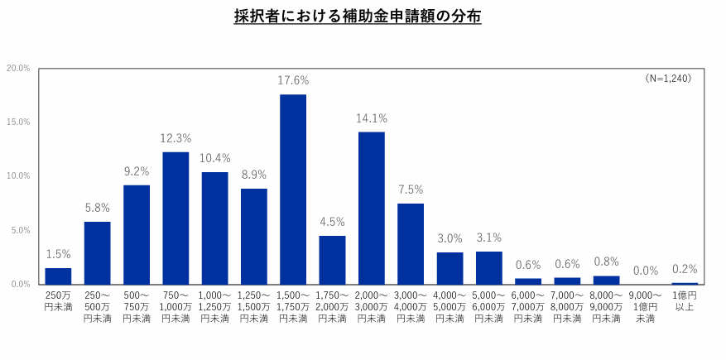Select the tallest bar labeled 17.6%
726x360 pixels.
coord(293,189)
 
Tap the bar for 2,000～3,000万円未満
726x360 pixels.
coord(371,208)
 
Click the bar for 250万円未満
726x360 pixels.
coord(58,276)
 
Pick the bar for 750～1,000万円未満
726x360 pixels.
coord(175,218)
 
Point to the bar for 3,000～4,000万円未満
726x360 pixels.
coord(411,243)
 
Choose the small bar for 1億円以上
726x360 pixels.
coord(685,283)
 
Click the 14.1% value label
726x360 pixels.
coord(371,118)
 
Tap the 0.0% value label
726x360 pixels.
coord(646,270)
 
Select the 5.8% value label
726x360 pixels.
coord(97,208)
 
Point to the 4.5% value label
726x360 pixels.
coord(332,222)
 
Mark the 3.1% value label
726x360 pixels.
coord(488,238)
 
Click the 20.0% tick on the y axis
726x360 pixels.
coord(18,68)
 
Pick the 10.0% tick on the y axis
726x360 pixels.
coord(18,176)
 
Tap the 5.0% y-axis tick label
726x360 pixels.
coord(20,230)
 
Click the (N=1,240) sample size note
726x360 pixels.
coord(668,78)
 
